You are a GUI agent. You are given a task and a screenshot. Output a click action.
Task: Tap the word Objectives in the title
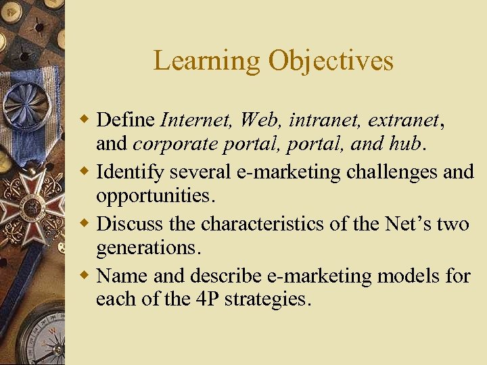pyautogui.click(x=331, y=61)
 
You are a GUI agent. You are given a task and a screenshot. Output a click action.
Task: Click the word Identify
pyautogui.click(x=130, y=172)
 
